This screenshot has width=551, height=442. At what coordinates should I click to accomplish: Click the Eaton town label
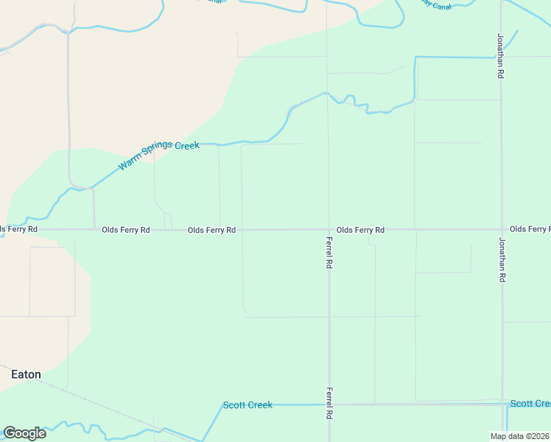click(26, 374)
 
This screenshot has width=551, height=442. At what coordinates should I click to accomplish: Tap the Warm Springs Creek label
click(159, 155)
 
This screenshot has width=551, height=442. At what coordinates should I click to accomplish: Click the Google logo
click(24, 432)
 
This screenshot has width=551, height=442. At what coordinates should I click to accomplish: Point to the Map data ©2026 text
click(519, 436)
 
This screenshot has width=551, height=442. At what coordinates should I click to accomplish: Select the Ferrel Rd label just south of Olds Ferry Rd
click(330, 251)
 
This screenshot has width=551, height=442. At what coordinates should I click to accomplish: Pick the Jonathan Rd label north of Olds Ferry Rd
click(501, 56)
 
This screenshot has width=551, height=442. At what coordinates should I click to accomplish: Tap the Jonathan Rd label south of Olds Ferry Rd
click(502, 260)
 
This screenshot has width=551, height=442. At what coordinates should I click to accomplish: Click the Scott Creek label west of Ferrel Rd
click(248, 405)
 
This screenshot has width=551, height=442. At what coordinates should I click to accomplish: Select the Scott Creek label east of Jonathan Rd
click(530, 404)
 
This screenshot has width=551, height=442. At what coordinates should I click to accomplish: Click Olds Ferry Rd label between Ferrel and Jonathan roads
click(360, 230)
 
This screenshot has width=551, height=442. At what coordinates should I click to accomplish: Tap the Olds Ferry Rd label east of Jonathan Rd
click(530, 229)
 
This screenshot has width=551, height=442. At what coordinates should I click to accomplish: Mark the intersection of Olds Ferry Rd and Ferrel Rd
click(329, 229)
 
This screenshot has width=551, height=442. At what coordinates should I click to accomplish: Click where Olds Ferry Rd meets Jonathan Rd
click(502, 229)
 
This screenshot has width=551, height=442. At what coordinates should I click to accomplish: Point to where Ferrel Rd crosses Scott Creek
click(329, 404)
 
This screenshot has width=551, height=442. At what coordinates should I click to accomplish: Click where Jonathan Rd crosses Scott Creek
click(502, 404)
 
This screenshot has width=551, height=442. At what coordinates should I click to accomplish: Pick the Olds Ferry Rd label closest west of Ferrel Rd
click(211, 230)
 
